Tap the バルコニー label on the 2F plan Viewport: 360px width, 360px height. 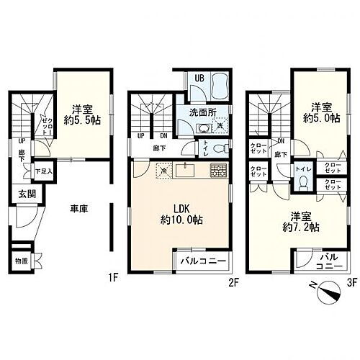[x=202, y=261]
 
